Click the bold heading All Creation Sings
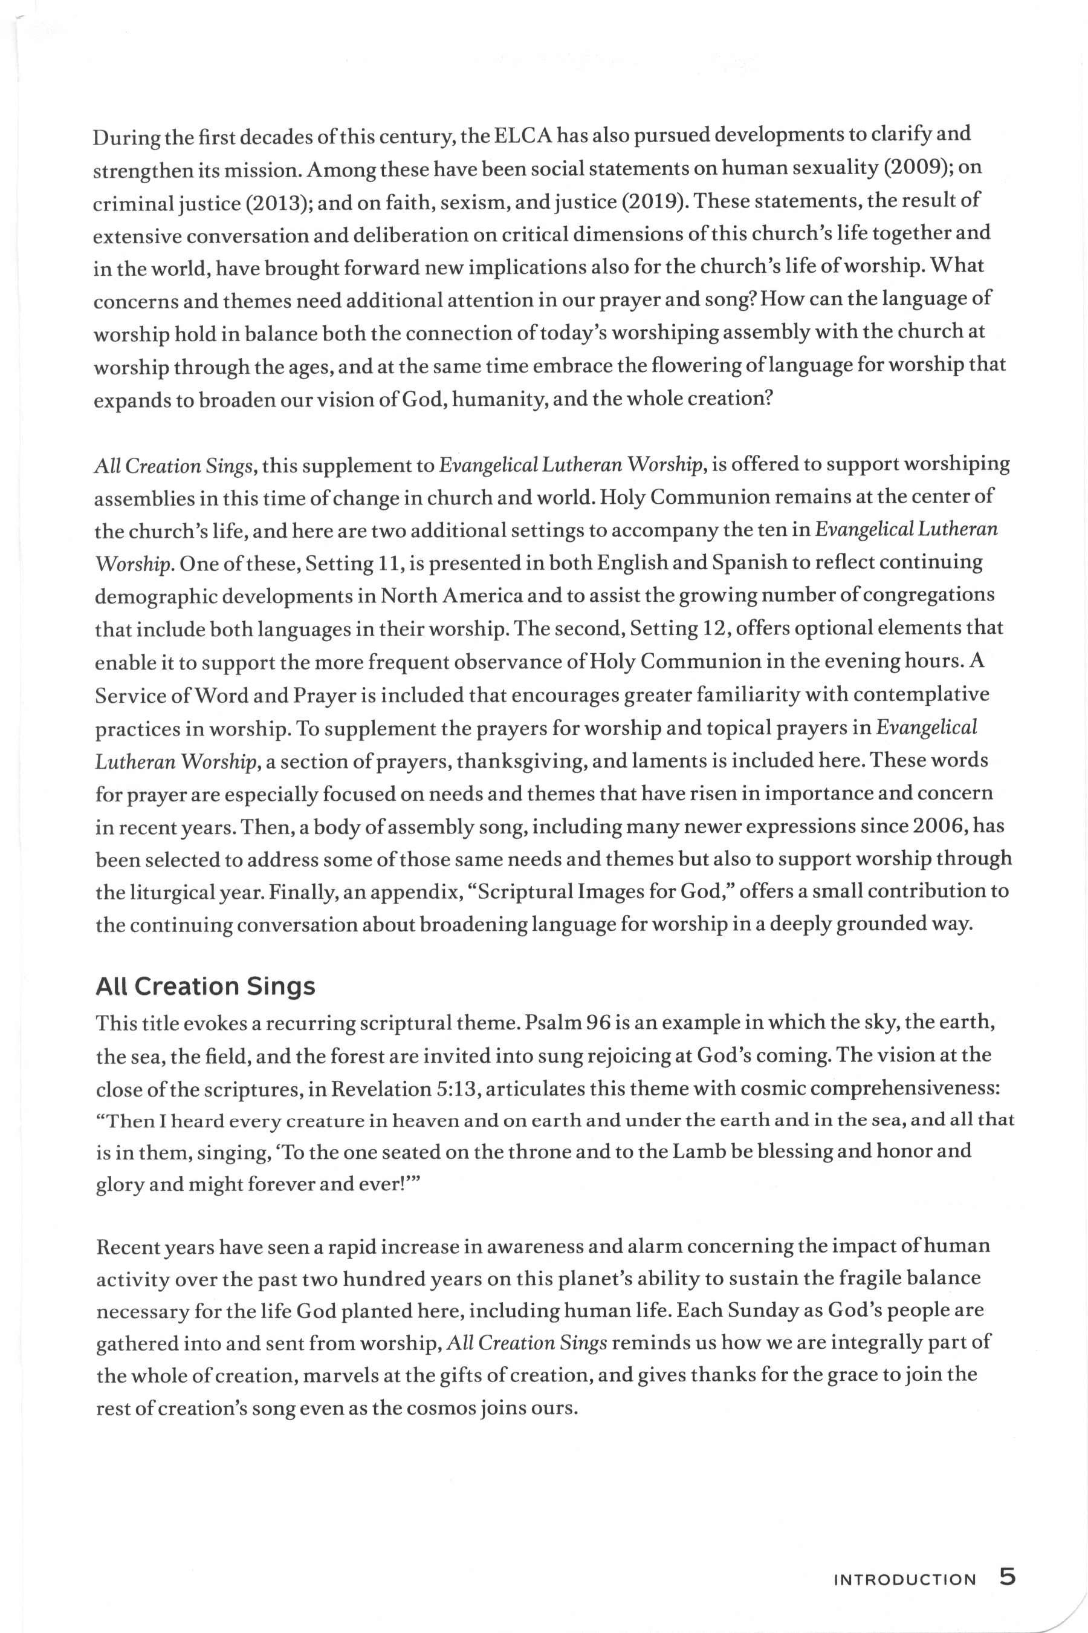coord(206,986)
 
